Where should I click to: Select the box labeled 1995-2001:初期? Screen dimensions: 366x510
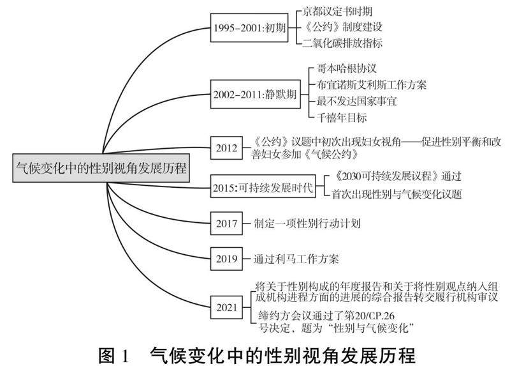(x=249, y=29)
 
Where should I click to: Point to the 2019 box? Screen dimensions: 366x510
(x=226, y=259)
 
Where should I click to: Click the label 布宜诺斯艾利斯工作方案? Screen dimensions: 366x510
(x=372, y=84)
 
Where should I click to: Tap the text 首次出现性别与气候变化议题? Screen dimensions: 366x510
(x=397, y=193)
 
